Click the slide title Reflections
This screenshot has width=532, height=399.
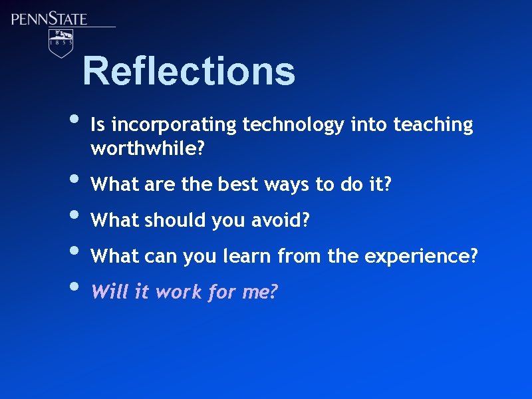click(x=189, y=71)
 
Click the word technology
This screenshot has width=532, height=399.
click(x=293, y=125)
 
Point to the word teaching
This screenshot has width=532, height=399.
click(x=433, y=124)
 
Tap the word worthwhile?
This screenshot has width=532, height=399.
click(x=147, y=149)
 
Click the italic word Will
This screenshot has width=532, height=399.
click(x=108, y=291)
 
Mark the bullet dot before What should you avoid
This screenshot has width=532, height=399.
click(x=72, y=216)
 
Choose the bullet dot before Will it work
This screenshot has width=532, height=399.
click(x=72, y=287)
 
